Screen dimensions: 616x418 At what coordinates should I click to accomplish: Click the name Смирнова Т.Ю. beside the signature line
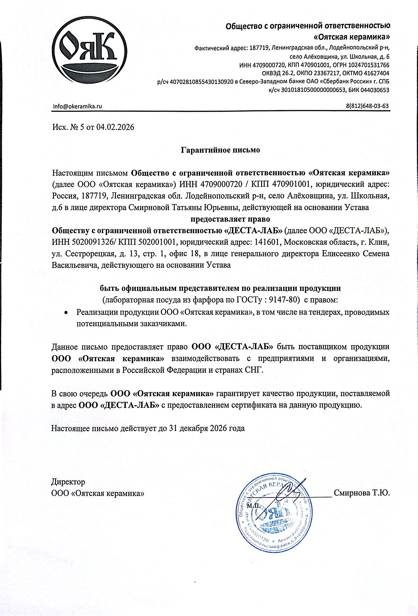click(x=362, y=493)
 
